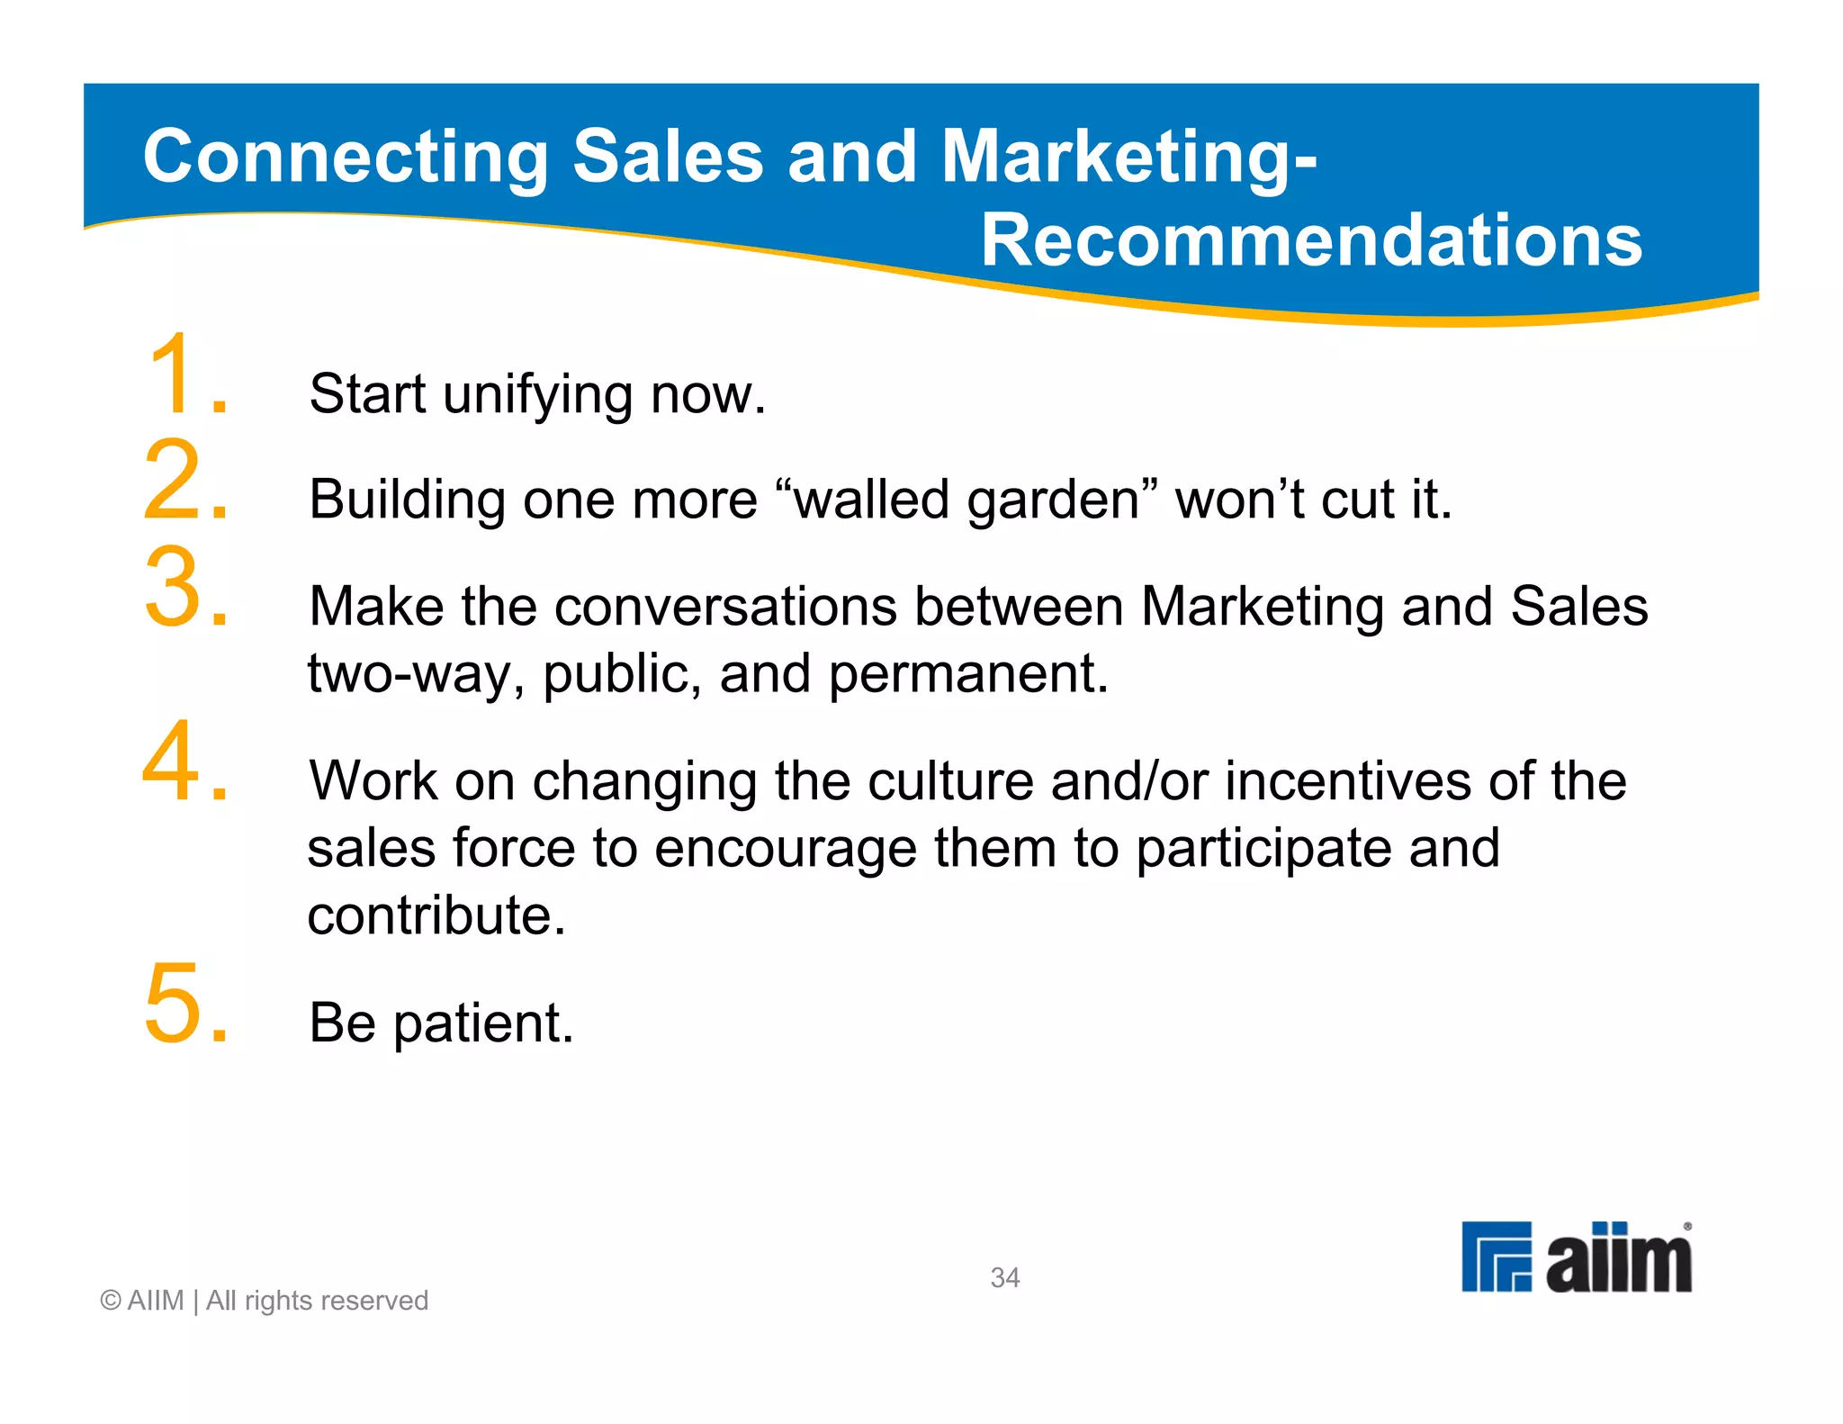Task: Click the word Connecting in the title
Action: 346,158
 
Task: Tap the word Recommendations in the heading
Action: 1311,240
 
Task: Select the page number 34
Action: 1004,1277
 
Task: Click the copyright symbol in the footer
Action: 111,1301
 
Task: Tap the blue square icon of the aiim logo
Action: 1496,1257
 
